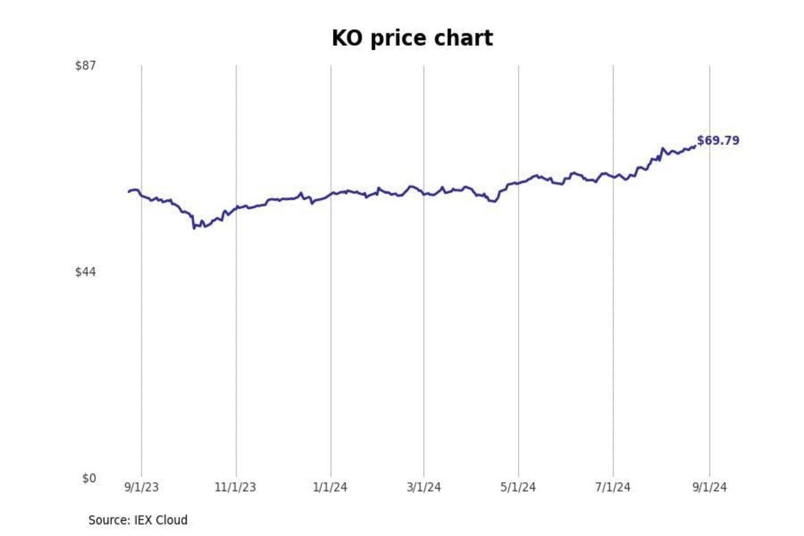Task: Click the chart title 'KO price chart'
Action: (x=412, y=39)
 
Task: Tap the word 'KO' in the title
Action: (x=346, y=39)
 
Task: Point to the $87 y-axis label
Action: (x=85, y=66)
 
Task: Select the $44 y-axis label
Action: (x=85, y=272)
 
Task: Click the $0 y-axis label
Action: (x=89, y=478)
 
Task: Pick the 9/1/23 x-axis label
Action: (x=141, y=487)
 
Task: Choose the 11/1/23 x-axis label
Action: (x=235, y=487)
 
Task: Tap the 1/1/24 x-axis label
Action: (x=330, y=487)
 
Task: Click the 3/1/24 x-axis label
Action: (x=424, y=487)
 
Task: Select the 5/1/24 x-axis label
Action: (x=518, y=487)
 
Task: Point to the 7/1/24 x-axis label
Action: (x=612, y=487)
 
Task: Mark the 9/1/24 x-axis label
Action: (x=710, y=487)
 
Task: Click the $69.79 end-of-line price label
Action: (x=718, y=141)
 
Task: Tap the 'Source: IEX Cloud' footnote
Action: (x=138, y=520)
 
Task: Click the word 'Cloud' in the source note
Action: (x=171, y=520)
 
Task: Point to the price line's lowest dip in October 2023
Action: (x=194, y=228)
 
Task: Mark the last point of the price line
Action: (x=695, y=146)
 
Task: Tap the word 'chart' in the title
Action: (x=464, y=39)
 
